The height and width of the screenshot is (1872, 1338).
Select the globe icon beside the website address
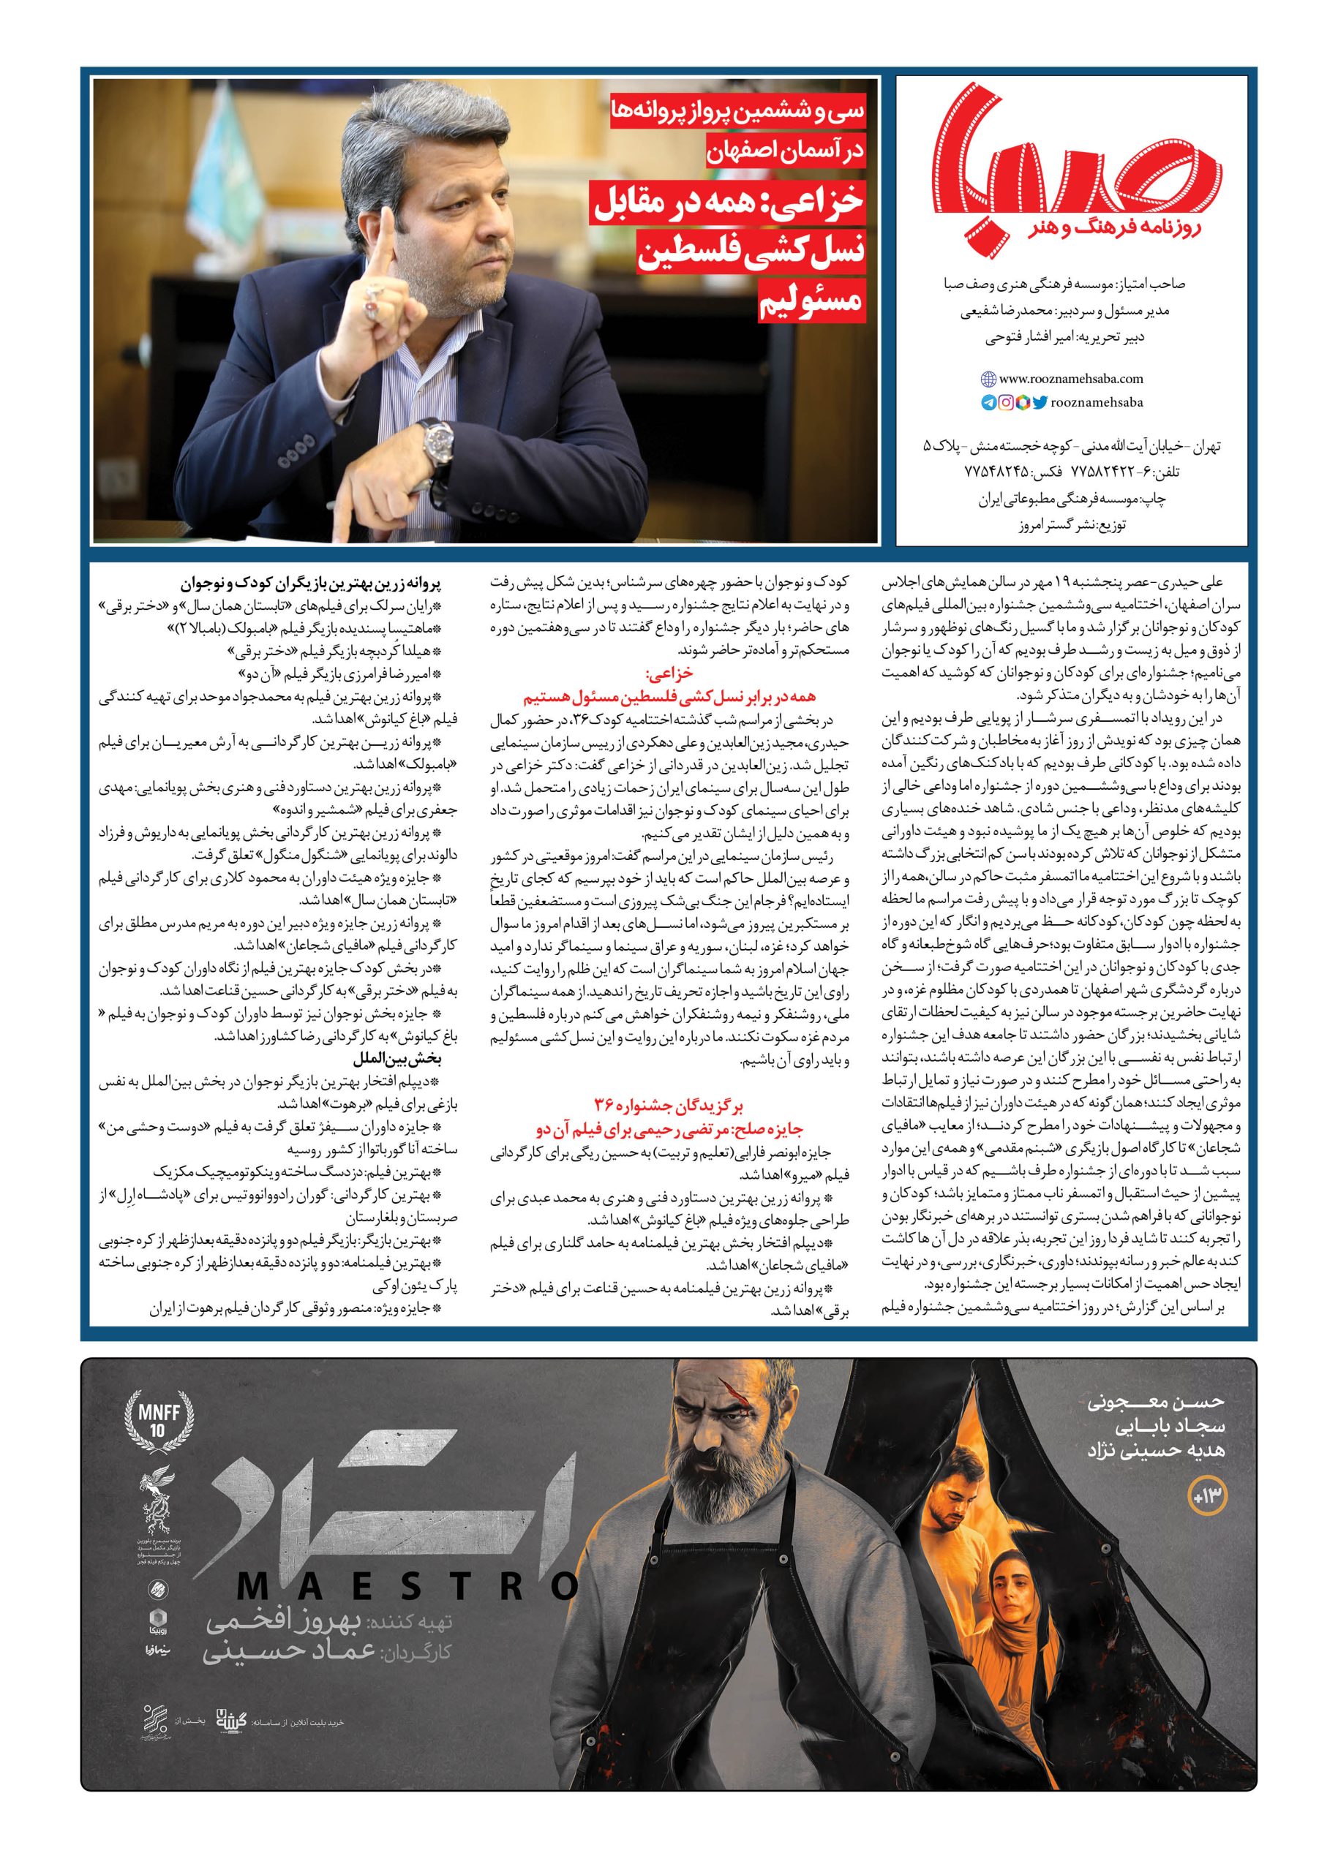(x=988, y=380)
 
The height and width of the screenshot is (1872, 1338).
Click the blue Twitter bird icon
(x=1040, y=403)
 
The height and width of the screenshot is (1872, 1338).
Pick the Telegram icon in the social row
(x=988, y=403)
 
